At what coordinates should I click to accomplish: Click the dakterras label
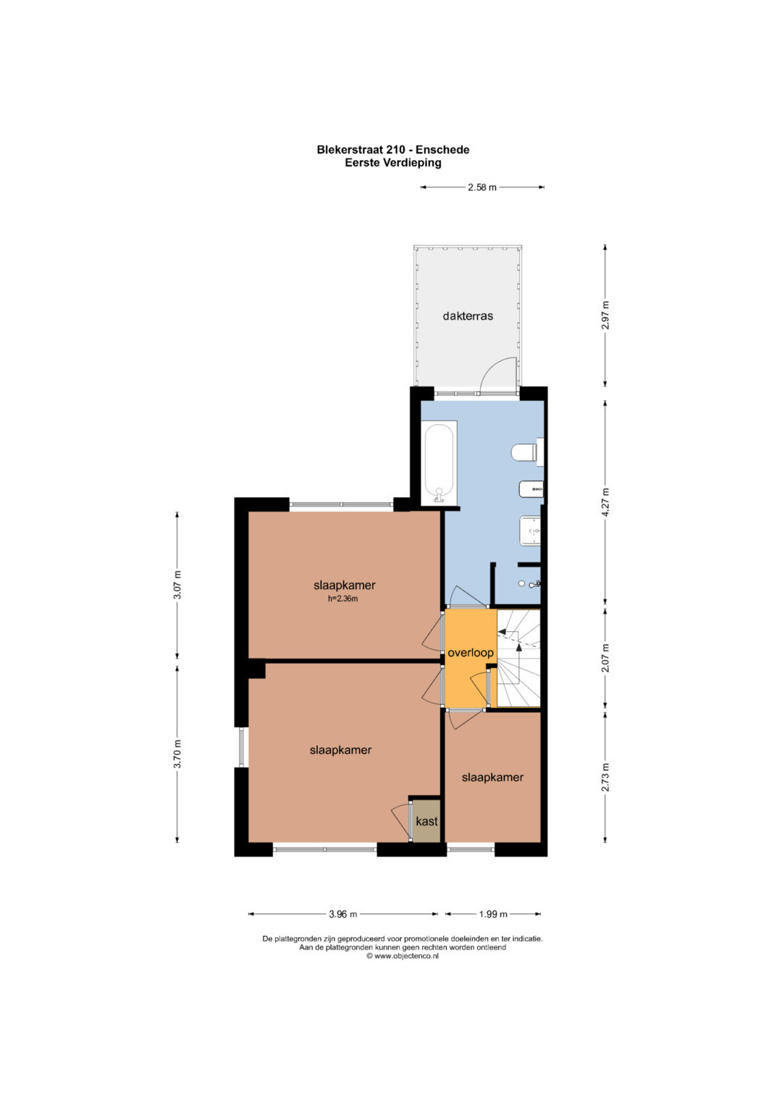click(468, 316)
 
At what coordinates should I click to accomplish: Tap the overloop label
click(471, 653)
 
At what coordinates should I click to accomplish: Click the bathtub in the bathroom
click(439, 463)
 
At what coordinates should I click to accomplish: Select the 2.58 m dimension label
click(482, 187)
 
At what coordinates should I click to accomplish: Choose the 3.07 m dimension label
click(177, 585)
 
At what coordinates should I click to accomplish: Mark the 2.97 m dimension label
click(606, 316)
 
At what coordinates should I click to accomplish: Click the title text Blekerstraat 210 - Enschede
click(393, 150)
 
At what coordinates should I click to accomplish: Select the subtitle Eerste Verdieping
click(393, 163)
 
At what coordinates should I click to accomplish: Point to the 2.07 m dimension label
click(606, 658)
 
